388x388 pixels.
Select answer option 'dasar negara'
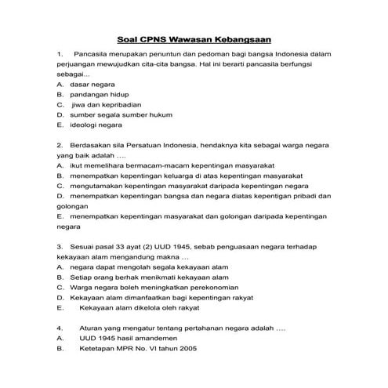pyautogui.click(x=92, y=82)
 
